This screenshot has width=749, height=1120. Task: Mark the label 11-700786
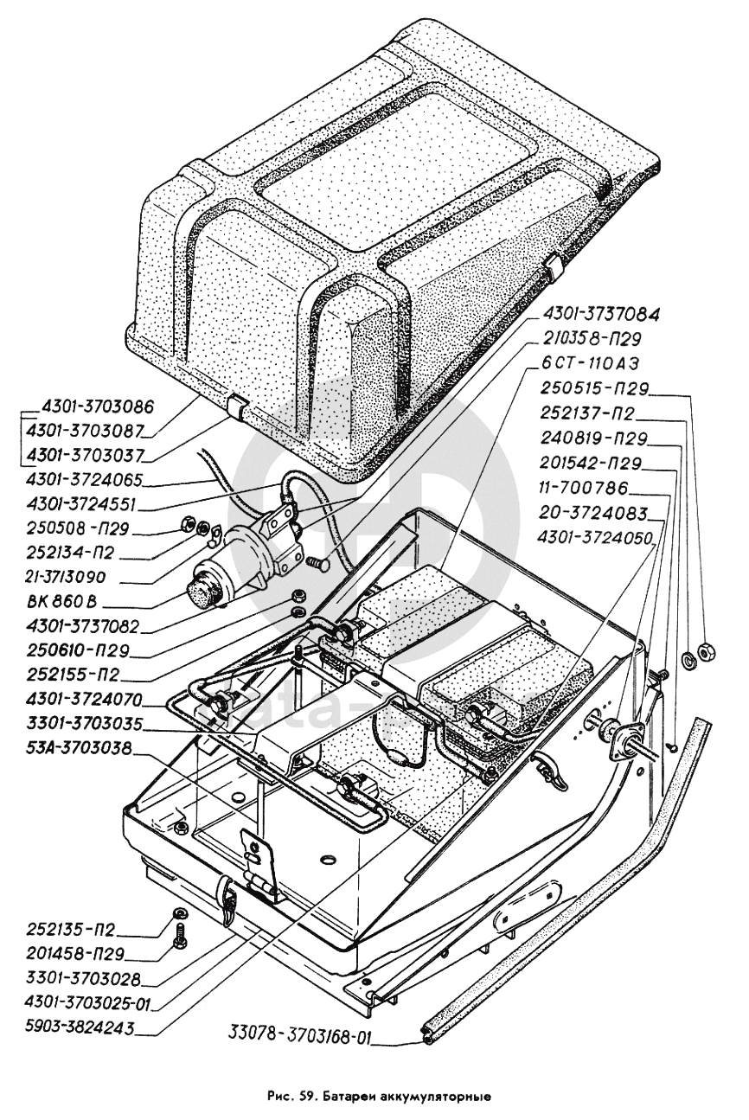tap(583, 488)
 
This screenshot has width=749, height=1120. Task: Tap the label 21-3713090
tap(67, 577)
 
